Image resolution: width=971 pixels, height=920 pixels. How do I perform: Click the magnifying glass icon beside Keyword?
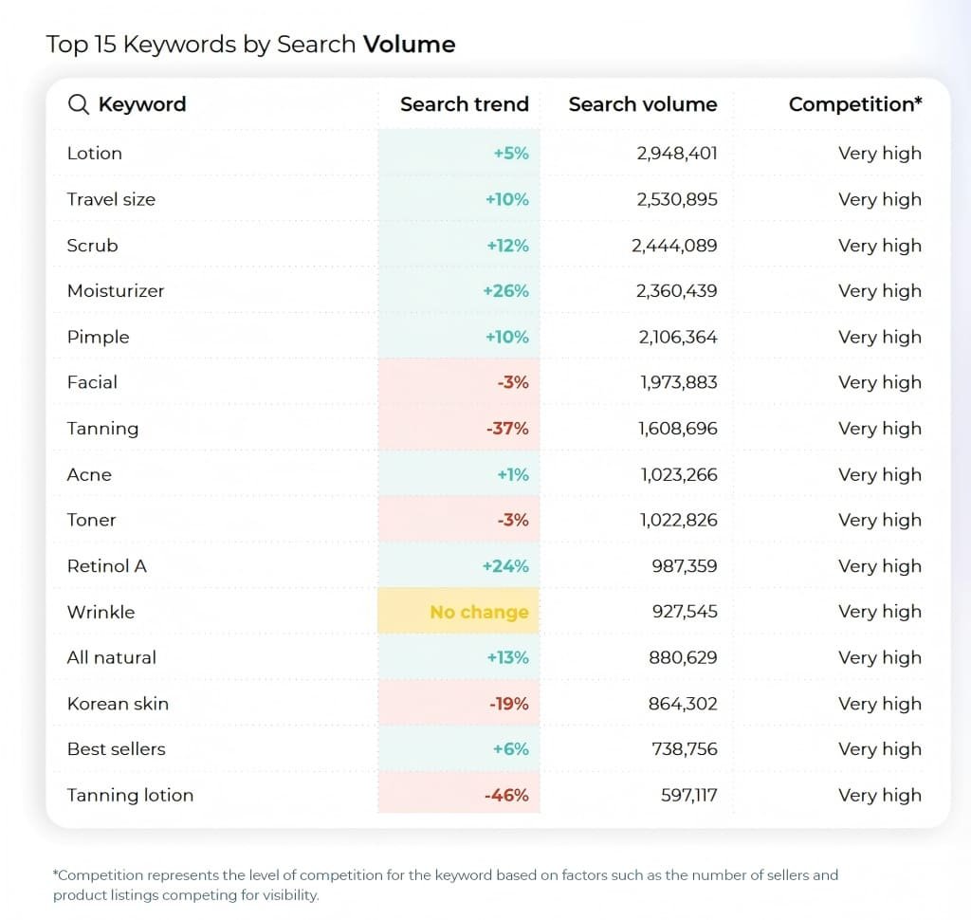(x=79, y=104)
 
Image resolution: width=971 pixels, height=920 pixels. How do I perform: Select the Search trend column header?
(x=464, y=104)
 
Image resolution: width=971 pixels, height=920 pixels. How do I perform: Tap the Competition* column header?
(x=854, y=104)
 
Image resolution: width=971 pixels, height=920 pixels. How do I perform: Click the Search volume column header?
(x=642, y=104)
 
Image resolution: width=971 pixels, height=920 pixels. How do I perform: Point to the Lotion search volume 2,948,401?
(x=677, y=154)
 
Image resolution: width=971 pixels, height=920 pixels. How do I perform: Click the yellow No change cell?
(x=479, y=612)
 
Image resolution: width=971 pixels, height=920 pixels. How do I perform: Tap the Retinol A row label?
(x=106, y=566)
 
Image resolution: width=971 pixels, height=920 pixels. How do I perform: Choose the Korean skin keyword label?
(x=118, y=704)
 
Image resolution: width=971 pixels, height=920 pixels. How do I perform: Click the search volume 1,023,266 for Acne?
(x=678, y=474)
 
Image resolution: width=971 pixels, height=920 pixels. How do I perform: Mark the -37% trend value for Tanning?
(x=507, y=429)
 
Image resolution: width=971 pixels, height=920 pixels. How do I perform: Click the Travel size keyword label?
(x=111, y=199)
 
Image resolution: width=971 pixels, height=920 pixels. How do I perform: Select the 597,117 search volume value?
(x=689, y=796)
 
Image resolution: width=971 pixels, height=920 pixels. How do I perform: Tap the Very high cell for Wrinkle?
(x=879, y=612)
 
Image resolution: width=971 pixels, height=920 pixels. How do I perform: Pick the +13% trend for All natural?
(x=507, y=658)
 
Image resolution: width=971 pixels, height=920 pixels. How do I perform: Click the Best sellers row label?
(x=116, y=749)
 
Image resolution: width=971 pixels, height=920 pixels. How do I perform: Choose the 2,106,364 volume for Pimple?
(x=677, y=337)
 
